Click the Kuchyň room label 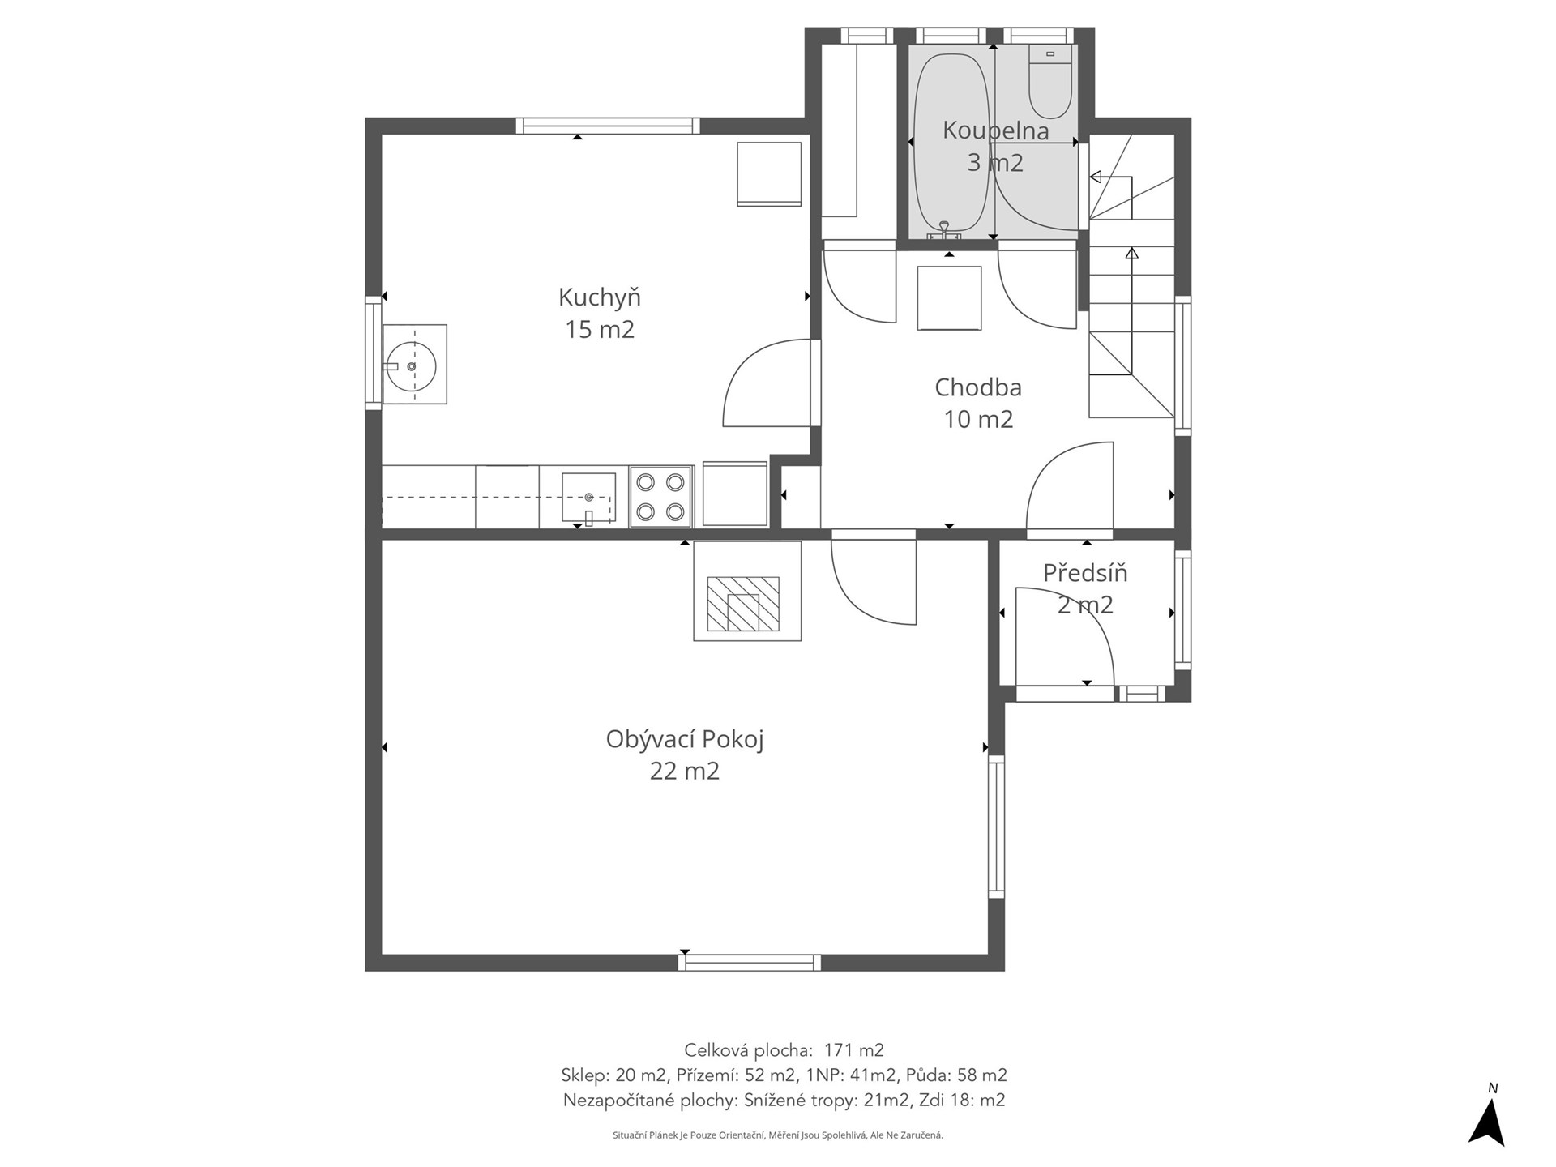coord(600,298)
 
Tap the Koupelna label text coord(995,130)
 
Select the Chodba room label coord(978,387)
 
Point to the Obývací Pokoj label coord(685,740)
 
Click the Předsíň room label coord(1085,573)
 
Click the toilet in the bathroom coord(1050,81)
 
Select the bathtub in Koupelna coord(951,147)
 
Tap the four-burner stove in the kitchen coord(660,498)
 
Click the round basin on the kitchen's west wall coord(411,366)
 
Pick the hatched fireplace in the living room coord(743,604)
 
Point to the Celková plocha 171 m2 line coord(784,1050)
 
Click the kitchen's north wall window coord(608,126)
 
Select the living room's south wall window coord(750,963)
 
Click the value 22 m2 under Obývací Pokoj coord(685,771)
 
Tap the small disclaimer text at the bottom coord(778,1135)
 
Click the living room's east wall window coord(996,827)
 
